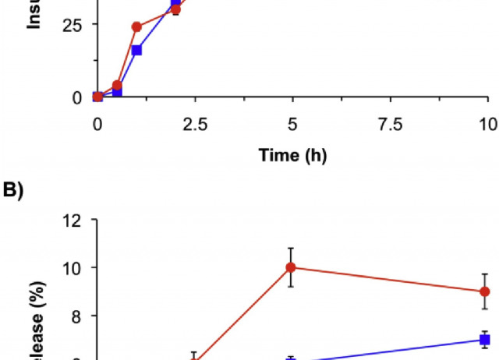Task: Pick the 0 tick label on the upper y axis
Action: click(x=77, y=97)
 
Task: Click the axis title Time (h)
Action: click(x=292, y=155)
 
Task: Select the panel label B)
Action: click(x=13, y=190)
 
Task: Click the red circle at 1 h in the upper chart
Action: click(x=136, y=27)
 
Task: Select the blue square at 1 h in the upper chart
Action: click(x=136, y=51)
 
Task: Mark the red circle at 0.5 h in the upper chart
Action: click(x=117, y=86)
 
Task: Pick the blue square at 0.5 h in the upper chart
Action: click(x=117, y=92)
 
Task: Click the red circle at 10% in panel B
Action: click(x=291, y=267)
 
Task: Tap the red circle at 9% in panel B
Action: click(x=485, y=291)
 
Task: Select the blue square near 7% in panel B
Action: click(x=485, y=340)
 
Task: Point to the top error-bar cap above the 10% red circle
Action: click(x=291, y=248)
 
